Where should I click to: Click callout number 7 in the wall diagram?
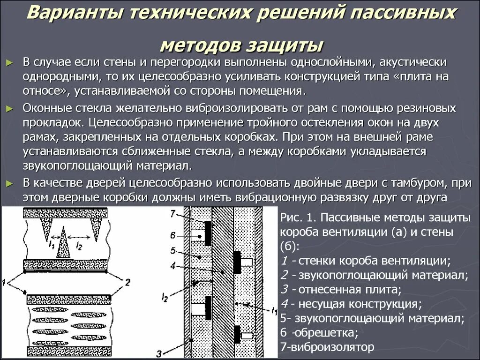pos(172,214)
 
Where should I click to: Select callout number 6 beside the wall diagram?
pos(172,235)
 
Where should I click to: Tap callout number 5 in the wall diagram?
pos(172,250)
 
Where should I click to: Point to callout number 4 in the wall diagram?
pos(172,266)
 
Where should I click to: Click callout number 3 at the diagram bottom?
pos(159,353)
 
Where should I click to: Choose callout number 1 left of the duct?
pos(5,283)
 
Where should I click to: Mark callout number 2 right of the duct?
pos(127,282)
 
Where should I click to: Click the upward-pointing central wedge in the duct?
pos(63,246)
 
